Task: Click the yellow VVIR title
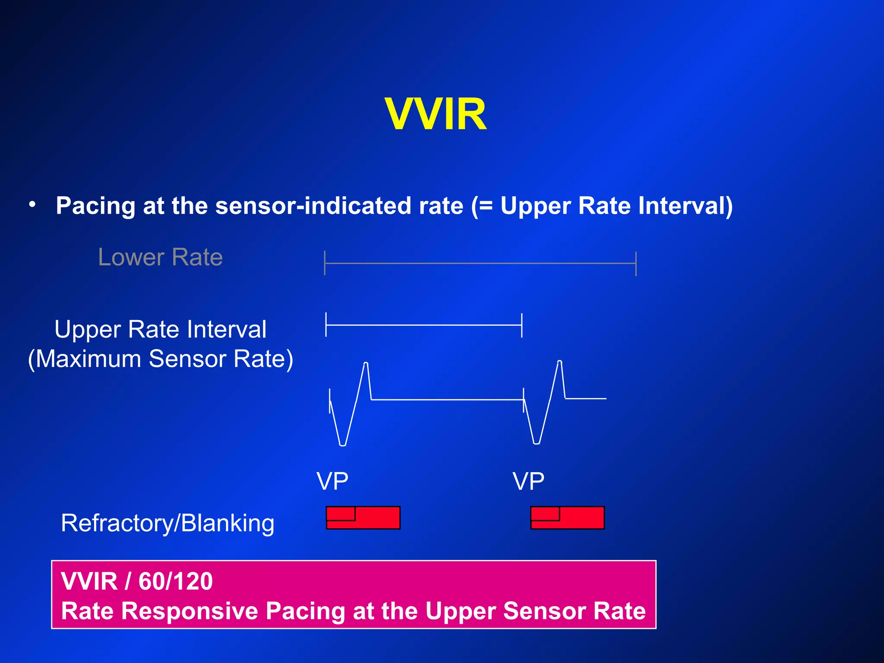pyautogui.click(x=436, y=114)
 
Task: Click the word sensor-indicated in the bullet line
pyautogui.click(x=339, y=205)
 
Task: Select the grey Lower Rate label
pyautogui.click(x=160, y=257)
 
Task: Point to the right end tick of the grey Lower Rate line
pyautogui.click(x=636, y=263)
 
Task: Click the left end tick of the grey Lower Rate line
pyautogui.click(x=325, y=263)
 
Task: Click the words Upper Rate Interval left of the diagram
pyautogui.click(x=160, y=329)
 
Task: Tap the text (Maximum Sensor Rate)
pyautogui.click(x=161, y=359)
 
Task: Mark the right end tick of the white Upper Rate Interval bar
pyautogui.click(x=522, y=325)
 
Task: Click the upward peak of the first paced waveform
pyautogui.click(x=366, y=363)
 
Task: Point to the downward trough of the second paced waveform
pyautogui.click(x=536, y=442)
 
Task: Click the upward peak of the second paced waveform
pyautogui.click(x=559, y=362)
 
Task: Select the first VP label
pyautogui.click(x=332, y=481)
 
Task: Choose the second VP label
pyautogui.click(x=528, y=481)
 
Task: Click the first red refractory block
pyautogui.click(x=363, y=518)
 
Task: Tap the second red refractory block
pyautogui.click(x=567, y=518)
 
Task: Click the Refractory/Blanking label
pyautogui.click(x=167, y=523)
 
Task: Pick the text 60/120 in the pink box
pyautogui.click(x=176, y=581)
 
